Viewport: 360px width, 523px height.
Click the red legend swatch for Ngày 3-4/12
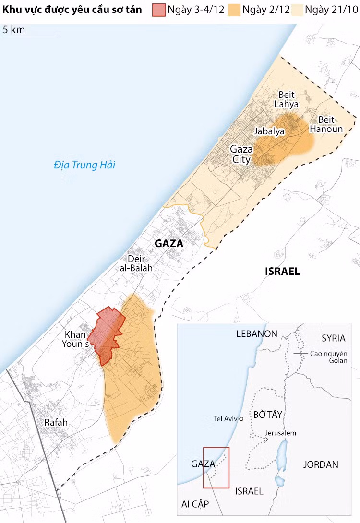159,10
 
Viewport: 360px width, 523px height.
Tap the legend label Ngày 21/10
331,10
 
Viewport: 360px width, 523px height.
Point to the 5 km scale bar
31,36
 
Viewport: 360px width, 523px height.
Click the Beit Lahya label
286,99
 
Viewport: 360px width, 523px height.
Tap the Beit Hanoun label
326,124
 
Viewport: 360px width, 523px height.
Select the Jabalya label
269,131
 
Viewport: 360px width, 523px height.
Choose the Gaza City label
241,154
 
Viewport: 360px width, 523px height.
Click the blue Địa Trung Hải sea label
84,165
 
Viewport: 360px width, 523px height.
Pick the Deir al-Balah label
136,263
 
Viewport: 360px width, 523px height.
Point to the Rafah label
56,423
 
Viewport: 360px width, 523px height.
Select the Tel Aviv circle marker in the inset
241,419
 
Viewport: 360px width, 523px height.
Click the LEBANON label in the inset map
257,334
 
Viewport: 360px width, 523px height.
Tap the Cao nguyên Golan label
328,357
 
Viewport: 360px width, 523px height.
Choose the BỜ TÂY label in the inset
267,414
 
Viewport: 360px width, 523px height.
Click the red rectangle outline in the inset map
216,468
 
